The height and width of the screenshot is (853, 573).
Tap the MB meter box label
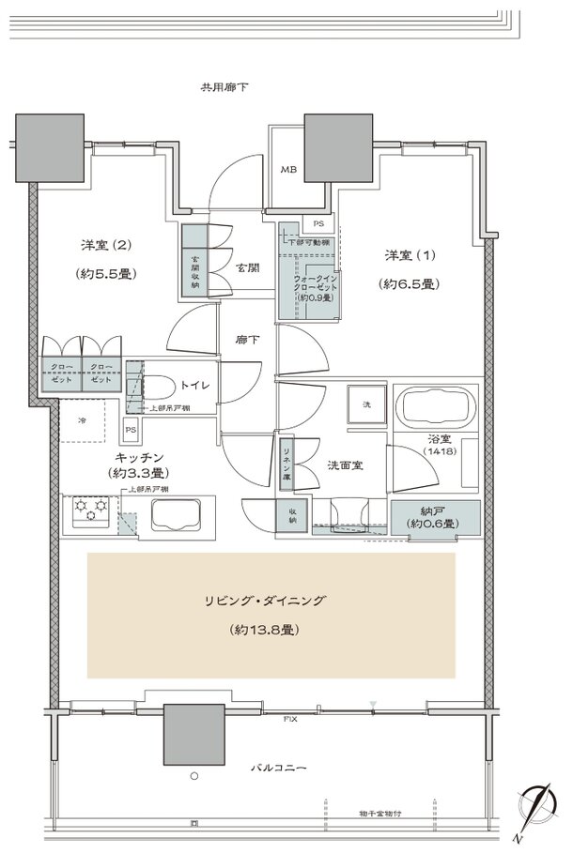coord(287,171)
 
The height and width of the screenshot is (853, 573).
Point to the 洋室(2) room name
coord(104,246)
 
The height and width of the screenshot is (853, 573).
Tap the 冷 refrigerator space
coord(83,420)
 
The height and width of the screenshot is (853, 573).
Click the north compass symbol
coord(538,810)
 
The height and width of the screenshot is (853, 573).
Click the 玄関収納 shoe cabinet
coord(194,263)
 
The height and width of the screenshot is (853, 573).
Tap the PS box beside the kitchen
coord(131,430)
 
